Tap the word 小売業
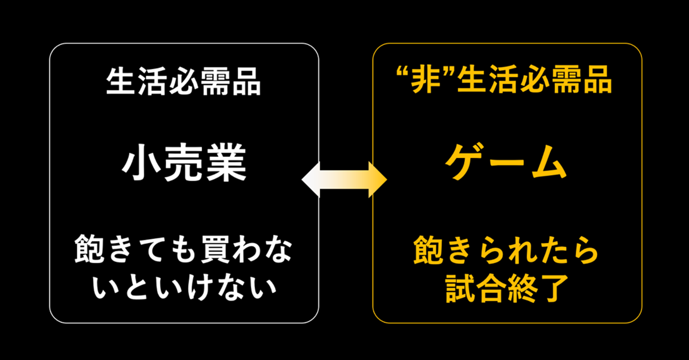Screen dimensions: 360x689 click(x=184, y=164)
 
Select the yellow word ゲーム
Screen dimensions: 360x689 click(x=506, y=163)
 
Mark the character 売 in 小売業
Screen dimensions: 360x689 click(x=183, y=164)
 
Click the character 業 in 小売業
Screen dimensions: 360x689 click(x=225, y=164)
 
